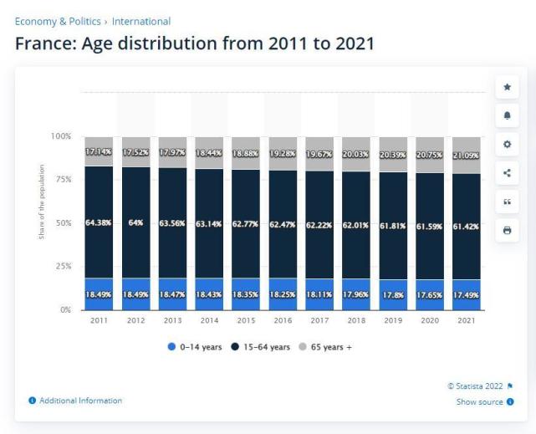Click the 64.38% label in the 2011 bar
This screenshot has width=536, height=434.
point(99,222)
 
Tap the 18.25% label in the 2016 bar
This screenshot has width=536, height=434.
point(283,295)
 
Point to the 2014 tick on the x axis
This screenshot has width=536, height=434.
point(209,320)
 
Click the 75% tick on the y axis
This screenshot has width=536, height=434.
point(62,179)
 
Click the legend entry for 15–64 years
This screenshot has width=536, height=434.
point(261,347)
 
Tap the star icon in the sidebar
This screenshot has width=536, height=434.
point(506,88)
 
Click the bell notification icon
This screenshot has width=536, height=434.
point(506,115)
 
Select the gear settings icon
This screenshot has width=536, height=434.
point(506,144)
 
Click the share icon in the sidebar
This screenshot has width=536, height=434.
point(506,173)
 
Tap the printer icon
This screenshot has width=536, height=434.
point(506,229)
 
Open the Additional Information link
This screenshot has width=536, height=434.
point(80,401)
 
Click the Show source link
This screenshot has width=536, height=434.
point(479,402)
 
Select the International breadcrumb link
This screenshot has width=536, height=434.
point(141,21)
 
